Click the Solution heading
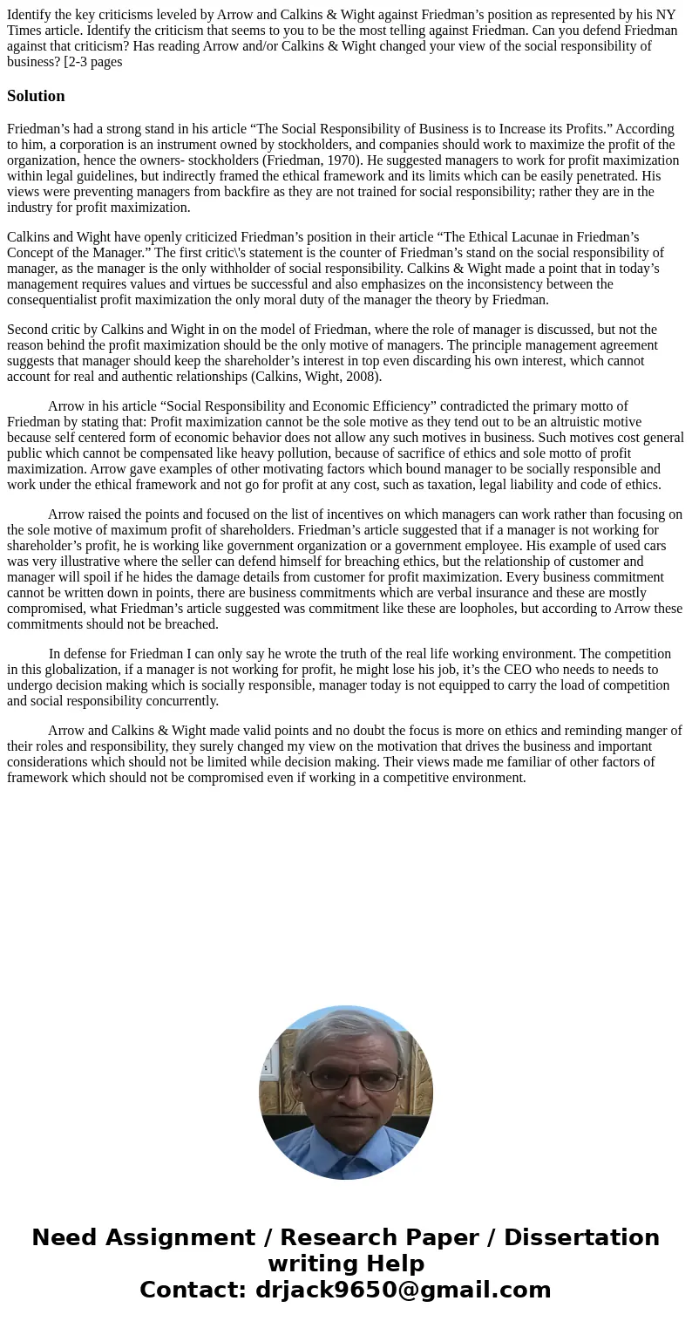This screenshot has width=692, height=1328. click(36, 96)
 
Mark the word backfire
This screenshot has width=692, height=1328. click(249, 192)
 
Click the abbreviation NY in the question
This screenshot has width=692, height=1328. click(665, 15)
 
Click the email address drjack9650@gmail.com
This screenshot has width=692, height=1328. click(403, 1291)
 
